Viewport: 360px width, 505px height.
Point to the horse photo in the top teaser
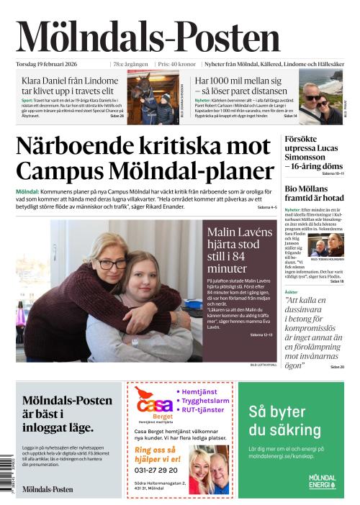tap(153, 98)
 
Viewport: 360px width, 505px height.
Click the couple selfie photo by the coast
tap(321, 97)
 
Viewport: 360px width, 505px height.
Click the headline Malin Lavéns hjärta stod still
tap(239, 249)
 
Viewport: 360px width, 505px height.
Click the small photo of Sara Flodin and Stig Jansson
tap(326, 245)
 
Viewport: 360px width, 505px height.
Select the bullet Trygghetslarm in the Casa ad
tap(204, 401)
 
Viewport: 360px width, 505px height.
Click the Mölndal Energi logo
tap(322, 481)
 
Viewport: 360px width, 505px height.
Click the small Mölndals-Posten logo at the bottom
tap(48, 488)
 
